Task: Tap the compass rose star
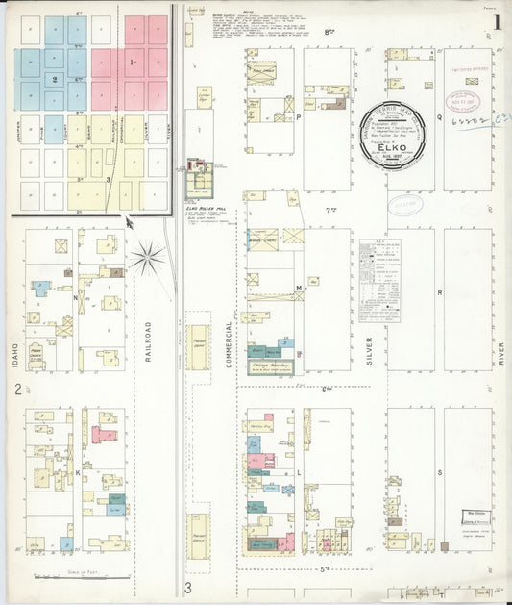(148, 256)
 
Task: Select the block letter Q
(439, 116)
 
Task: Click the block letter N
(76, 299)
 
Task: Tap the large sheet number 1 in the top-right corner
(496, 20)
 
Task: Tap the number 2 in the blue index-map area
(55, 80)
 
